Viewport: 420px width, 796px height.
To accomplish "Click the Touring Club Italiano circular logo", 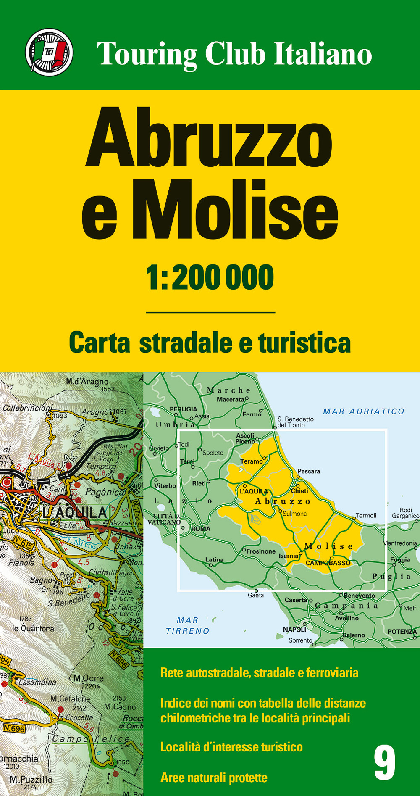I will [49, 53].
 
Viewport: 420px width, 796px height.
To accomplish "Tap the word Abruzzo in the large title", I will [209, 138].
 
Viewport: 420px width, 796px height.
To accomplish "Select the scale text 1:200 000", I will [210, 277].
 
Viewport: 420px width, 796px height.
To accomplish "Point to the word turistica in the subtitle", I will [304, 343].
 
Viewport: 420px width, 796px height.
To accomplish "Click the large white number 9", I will [384, 763].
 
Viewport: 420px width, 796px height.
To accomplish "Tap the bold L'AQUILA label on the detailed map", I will [75, 512].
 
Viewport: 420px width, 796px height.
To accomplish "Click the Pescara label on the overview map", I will [309, 471].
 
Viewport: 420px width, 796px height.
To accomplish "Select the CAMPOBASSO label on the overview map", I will [328, 563].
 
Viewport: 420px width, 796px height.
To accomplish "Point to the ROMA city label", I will [201, 529].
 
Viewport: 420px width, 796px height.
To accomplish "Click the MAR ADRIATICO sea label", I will [363, 411].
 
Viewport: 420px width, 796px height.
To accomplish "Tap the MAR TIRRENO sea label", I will [187, 626].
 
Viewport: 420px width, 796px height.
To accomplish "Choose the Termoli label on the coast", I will [366, 515].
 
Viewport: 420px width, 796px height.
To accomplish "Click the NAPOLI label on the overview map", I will [294, 630].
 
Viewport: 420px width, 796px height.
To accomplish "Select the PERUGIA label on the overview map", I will [183, 409].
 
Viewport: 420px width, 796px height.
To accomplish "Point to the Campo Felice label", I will [91, 738].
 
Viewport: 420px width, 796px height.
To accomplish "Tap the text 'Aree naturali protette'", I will [214, 778].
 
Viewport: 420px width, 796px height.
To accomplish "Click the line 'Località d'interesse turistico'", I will [231, 747].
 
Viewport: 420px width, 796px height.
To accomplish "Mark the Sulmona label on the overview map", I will [294, 514].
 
